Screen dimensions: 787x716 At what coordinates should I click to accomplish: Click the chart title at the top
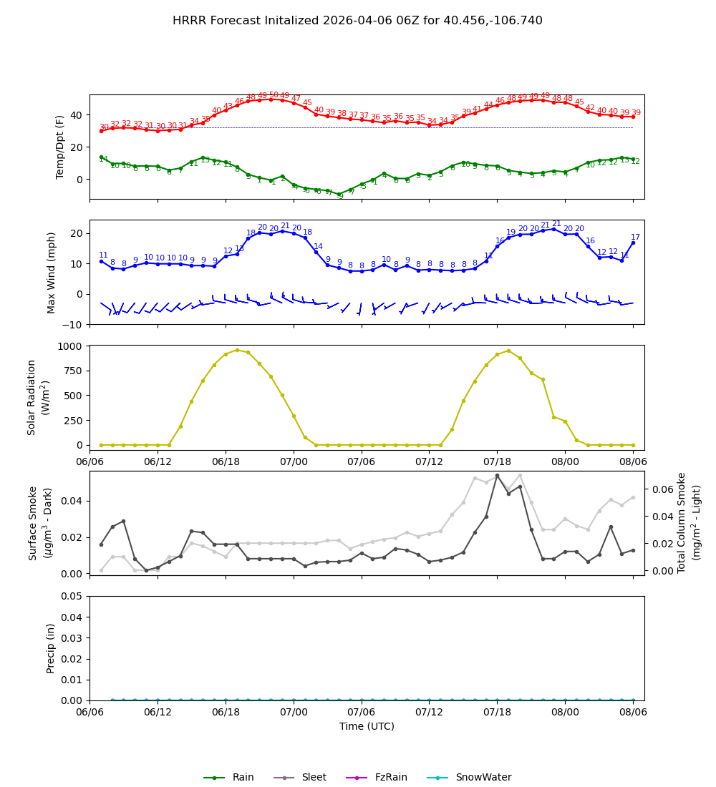pos(357,21)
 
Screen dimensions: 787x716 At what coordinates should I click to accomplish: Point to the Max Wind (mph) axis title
pos(52,272)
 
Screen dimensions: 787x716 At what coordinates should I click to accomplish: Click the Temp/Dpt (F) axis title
pos(61,147)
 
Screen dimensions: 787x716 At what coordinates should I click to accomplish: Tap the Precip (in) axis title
pos(51,648)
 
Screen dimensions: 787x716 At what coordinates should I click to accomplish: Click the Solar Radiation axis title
pos(38,397)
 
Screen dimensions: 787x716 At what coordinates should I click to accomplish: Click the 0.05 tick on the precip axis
pos(70,596)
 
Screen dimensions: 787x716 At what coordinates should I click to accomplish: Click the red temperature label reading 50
pos(273,95)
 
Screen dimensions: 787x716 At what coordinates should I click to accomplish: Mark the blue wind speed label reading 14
pos(318,247)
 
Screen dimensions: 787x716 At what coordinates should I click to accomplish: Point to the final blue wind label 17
pos(635,238)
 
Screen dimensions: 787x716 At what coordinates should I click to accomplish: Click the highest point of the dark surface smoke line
pos(497,476)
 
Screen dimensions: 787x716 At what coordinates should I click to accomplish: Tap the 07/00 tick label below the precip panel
pos(294,713)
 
